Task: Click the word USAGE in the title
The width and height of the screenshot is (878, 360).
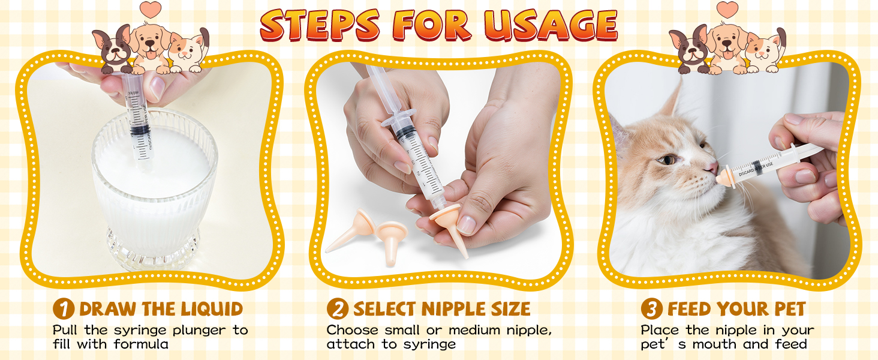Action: (551, 25)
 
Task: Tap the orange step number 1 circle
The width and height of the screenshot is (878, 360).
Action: (63, 309)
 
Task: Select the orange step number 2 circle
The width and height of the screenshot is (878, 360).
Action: (338, 309)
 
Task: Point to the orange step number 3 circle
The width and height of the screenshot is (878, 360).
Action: (652, 309)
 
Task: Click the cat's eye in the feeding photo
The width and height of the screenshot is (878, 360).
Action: (667, 160)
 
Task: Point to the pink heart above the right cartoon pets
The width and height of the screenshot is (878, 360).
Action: (727, 10)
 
